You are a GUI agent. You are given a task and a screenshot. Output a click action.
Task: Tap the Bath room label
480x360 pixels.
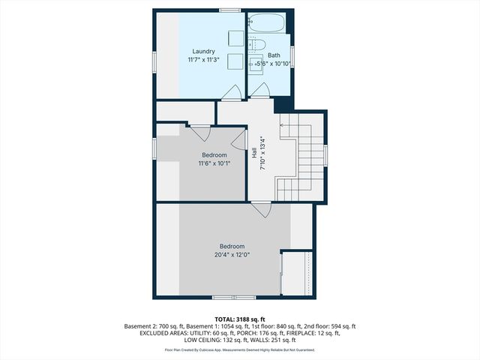pos(274,55)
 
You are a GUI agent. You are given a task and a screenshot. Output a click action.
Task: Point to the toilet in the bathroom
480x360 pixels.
pos(253,42)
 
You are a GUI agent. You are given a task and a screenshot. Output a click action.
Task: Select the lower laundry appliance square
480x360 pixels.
pos(235,62)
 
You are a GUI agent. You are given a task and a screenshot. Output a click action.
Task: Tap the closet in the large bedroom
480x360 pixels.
pos(298,273)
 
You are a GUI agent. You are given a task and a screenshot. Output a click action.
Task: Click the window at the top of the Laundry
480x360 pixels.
pos(230,10)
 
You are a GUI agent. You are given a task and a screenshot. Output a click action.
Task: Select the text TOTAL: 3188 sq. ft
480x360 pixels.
pos(239,319)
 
